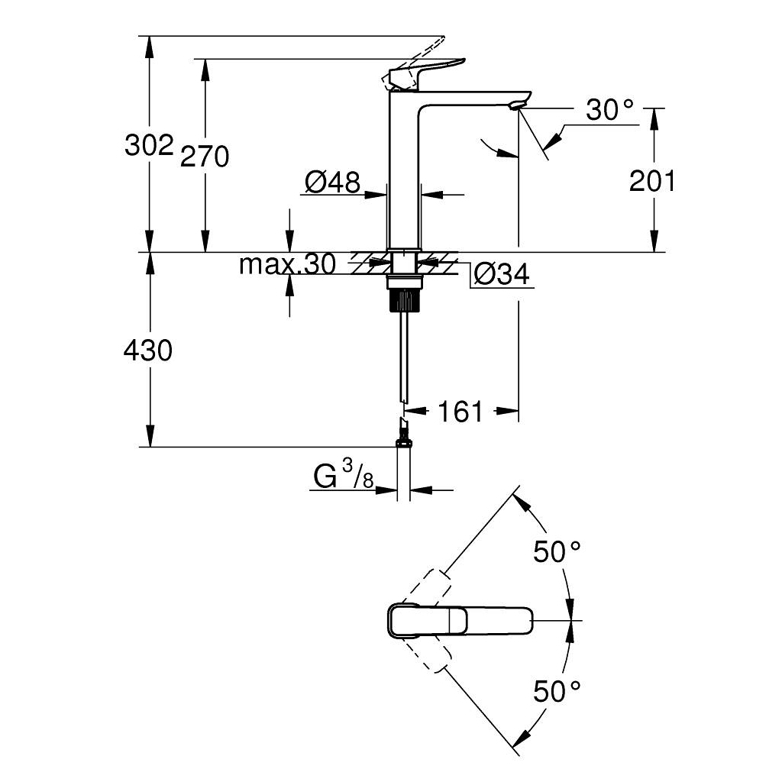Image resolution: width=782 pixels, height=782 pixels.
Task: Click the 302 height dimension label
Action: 149,145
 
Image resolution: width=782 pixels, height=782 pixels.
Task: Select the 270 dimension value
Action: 205,157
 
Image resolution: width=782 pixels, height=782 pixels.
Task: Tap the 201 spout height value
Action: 652,182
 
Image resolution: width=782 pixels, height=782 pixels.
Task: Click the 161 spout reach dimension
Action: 460,412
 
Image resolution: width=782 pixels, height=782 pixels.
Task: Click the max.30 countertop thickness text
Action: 287,265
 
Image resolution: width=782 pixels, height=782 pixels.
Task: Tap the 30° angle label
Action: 610,111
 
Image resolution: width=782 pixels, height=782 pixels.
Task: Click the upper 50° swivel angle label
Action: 557,551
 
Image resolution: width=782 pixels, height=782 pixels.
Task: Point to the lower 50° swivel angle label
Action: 557,693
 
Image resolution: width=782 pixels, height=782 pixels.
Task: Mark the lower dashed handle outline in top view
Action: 426,654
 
